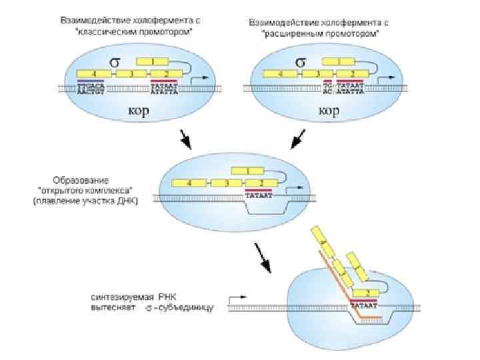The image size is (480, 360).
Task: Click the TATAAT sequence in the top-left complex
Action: click(x=164, y=86)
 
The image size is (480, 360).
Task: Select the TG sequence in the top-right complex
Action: click(x=327, y=85)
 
